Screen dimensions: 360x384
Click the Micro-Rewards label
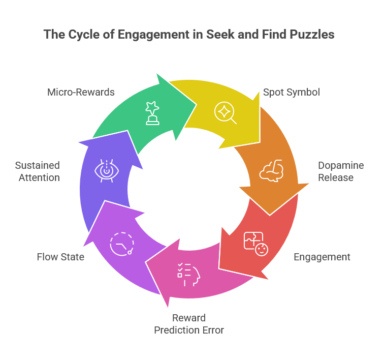[x=81, y=92]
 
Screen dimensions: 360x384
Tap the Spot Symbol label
[x=291, y=93]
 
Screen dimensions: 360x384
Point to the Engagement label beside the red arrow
[x=322, y=257]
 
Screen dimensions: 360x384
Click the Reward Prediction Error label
[x=189, y=324]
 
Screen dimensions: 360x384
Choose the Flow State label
[x=60, y=257]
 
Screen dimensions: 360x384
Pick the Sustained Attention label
[x=37, y=172]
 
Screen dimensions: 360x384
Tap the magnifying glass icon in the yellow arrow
[x=225, y=112]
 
